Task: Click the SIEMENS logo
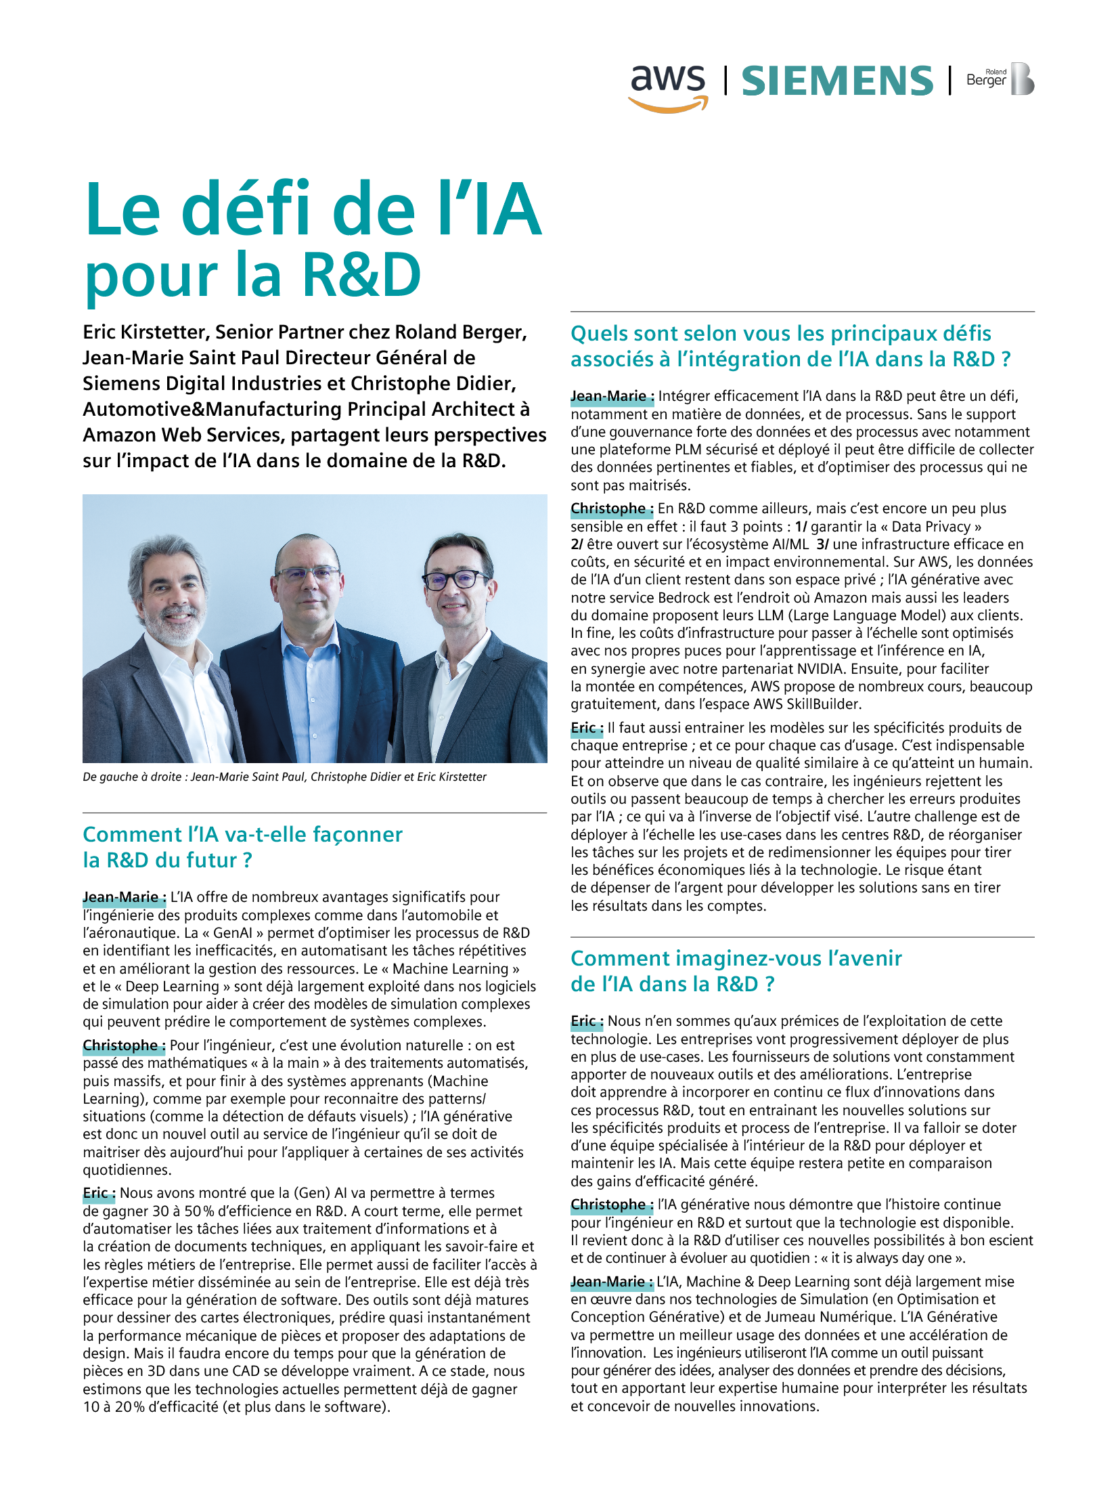click(837, 81)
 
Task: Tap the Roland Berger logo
click(1000, 79)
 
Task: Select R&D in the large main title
click(361, 275)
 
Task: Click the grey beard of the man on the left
click(175, 626)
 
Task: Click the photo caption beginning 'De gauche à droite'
click(284, 777)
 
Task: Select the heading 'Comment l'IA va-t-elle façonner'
click(242, 834)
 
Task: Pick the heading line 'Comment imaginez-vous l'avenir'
click(736, 958)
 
